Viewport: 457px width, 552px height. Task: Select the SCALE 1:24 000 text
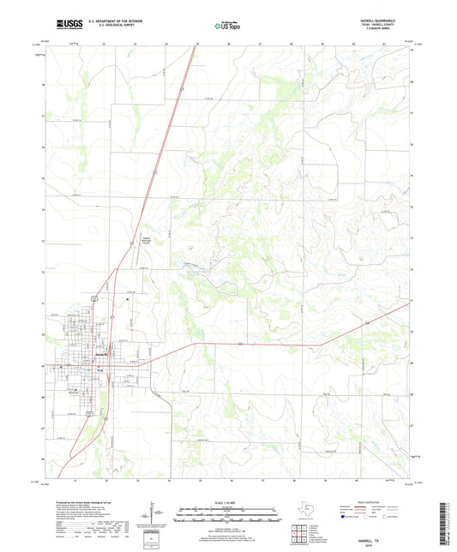pos(227,501)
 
